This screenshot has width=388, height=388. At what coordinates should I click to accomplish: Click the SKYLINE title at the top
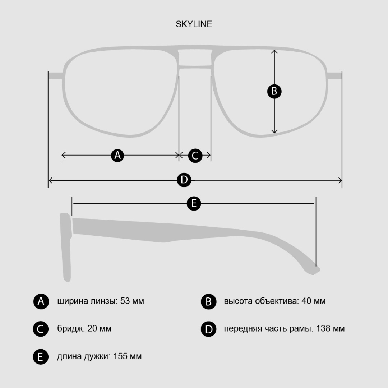[x=194, y=24]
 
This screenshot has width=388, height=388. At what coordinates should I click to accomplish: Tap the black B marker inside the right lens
[x=274, y=91]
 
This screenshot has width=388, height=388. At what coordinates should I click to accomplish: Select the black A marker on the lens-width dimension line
[x=117, y=156]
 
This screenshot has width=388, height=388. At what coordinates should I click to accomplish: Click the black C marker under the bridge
[x=195, y=156]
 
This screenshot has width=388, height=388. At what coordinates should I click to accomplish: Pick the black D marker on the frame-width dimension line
[x=184, y=180]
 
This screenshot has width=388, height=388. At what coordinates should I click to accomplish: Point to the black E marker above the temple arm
[x=194, y=203]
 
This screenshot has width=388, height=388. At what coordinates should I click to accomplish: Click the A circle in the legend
[x=41, y=301]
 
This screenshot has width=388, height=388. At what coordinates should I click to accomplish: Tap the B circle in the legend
[x=209, y=302]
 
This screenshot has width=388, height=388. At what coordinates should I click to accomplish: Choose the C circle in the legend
[x=41, y=329]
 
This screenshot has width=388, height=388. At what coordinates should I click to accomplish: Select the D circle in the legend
[x=209, y=329]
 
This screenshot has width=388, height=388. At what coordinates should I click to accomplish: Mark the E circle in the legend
[x=41, y=357]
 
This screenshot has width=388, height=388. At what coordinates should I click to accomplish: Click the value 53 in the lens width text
[x=125, y=301]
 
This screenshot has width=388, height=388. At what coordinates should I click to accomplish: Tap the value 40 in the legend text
[x=306, y=301]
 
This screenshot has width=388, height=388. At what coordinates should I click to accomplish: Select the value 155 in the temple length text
[x=120, y=356]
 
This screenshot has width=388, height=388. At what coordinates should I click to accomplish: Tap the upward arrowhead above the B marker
[x=274, y=51]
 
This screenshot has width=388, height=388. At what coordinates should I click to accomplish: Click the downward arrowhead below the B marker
[x=274, y=131]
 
